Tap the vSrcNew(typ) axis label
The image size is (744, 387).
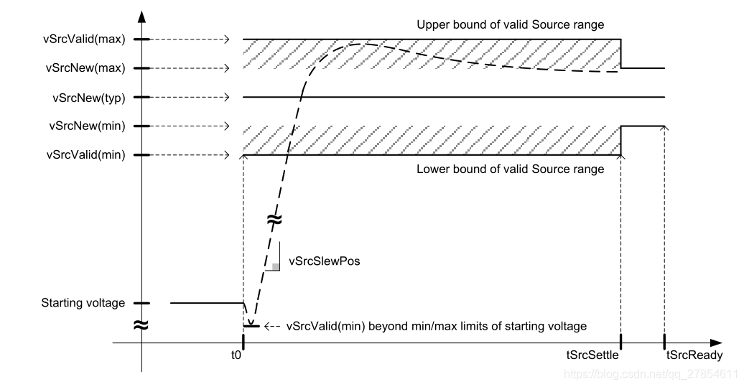pos(89,97)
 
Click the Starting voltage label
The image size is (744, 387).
pos(83,303)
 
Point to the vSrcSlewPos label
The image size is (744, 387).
pos(324,261)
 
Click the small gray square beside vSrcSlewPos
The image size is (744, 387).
pos(276,267)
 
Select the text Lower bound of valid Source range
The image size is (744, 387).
pos(511,169)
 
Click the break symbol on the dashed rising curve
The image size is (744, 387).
pos(274,220)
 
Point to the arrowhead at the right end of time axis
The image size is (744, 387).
pos(717,343)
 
